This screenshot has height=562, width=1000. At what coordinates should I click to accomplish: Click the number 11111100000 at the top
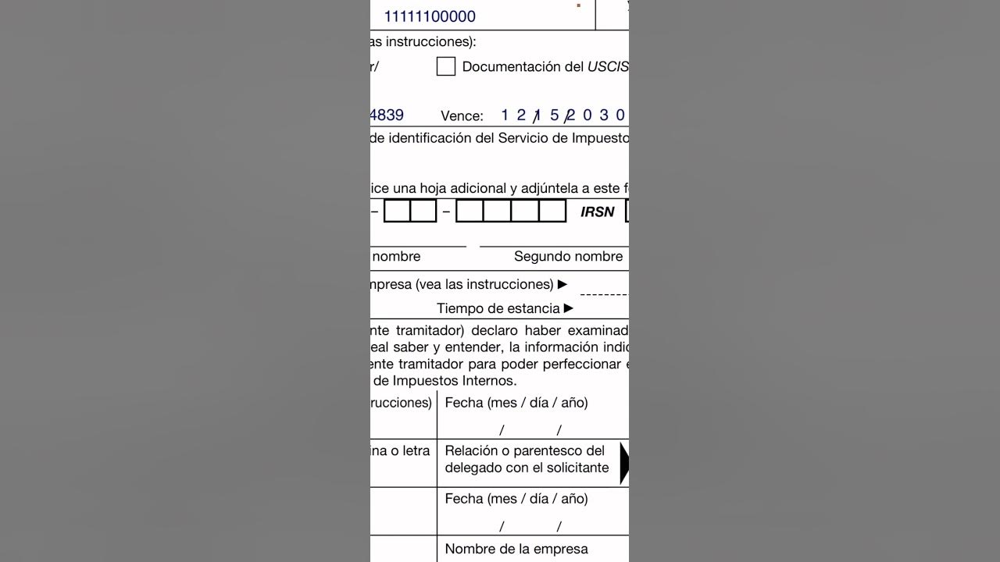430,16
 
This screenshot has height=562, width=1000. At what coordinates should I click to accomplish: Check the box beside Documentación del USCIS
445,66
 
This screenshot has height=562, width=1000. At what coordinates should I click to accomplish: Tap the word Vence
462,116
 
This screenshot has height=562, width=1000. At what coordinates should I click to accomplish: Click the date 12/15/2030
562,116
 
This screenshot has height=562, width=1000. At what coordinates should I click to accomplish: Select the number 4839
387,116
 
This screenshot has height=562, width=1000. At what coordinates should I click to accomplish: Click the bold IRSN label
598,212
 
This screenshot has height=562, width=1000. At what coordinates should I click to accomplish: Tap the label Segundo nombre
568,257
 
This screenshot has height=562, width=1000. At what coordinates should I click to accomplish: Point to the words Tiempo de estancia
498,308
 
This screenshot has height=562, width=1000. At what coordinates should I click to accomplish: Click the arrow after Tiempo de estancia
569,308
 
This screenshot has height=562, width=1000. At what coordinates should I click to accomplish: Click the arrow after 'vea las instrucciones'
562,284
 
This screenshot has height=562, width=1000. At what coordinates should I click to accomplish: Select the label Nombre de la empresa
516,549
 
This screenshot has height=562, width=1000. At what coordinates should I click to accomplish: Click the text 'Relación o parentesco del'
525,450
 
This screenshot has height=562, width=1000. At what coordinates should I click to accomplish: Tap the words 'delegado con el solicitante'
527,468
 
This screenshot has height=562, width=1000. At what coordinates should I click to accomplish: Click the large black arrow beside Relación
623,463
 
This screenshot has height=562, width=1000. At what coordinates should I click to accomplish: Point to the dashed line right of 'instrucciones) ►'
603,294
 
